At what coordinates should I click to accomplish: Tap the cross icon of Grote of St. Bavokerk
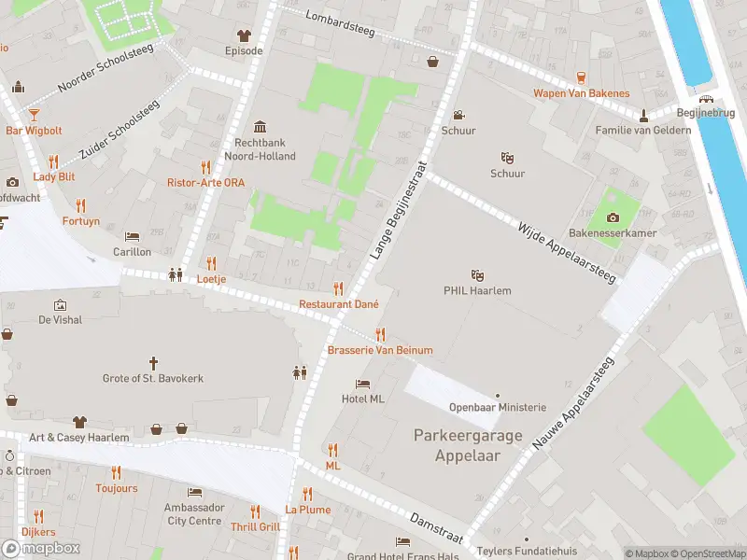tap(153, 362)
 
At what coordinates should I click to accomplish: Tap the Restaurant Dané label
tap(339, 304)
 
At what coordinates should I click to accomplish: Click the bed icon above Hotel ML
tap(363, 384)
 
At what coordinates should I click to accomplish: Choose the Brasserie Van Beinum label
tap(380, 350)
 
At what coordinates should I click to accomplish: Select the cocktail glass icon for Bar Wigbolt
tap(34, 114)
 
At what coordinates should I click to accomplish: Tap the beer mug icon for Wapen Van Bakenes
tap(581, 77)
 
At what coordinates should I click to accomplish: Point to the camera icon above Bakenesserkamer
tap(613, 217)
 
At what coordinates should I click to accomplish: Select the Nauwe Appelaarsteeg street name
tap(572, 405)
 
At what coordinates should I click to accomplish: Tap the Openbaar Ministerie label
tap(497, 407)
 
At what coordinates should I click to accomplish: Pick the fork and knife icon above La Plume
tap(307, 495)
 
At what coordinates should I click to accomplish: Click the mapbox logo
tap(41, 548)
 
